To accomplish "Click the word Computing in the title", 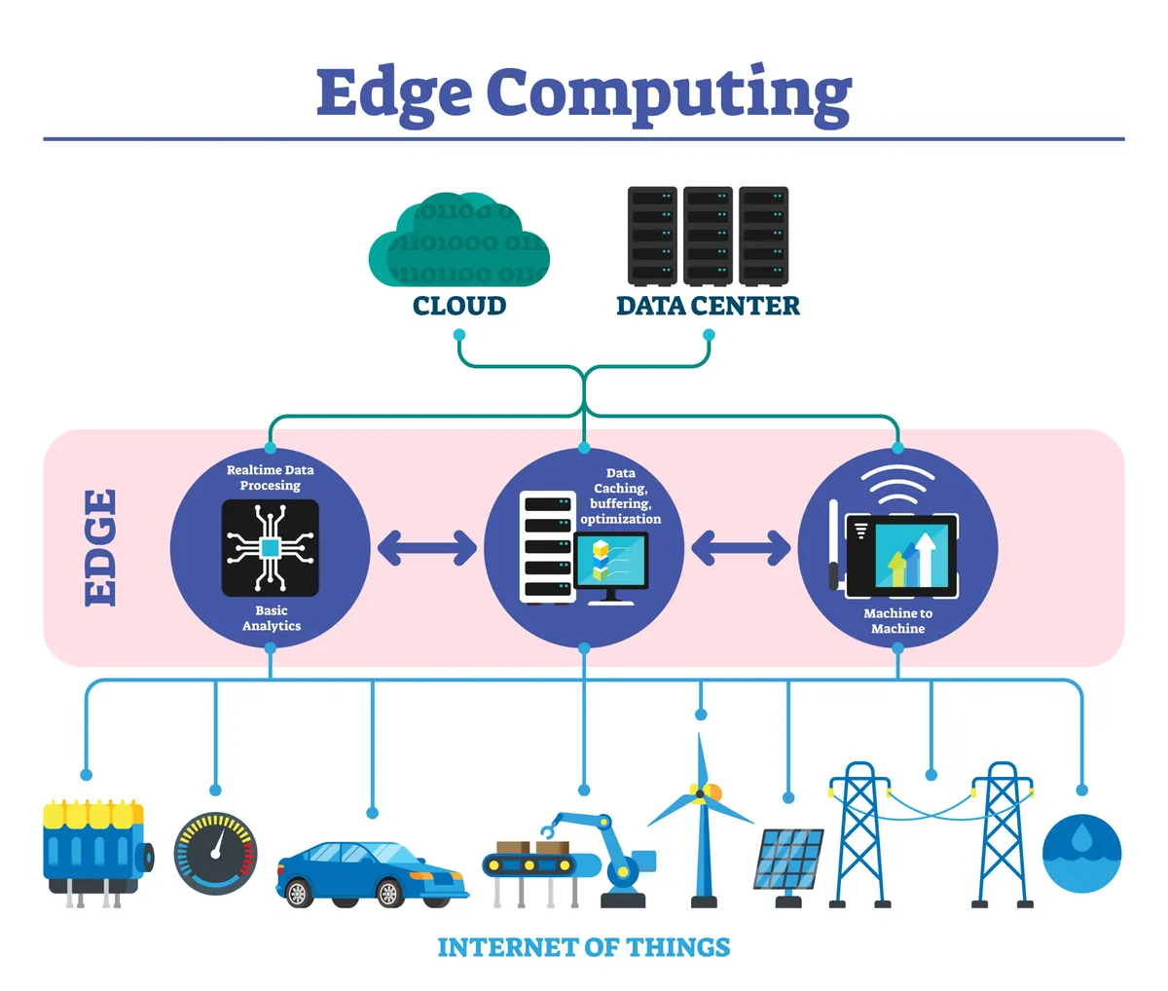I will [x=669, y=94].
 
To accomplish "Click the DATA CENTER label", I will [x=708, y=306].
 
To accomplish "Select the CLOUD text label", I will [x=458, y=306].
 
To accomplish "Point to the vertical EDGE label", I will [x=100, y=547].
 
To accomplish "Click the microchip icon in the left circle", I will [x=270, y=548].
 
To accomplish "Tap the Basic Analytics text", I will [x=271, y=618].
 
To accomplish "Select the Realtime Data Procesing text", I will [x=270, y=477].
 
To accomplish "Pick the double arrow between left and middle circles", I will [x=426, y=548].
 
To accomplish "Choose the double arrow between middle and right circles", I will [x=741, y=548].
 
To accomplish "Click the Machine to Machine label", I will [x=897, y=621].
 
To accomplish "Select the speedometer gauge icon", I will [x=215, y=855].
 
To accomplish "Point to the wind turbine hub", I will [x=699, y=794].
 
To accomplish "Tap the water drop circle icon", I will [x=1081, y=854].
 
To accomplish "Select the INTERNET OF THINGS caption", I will [x=583, y=947].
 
